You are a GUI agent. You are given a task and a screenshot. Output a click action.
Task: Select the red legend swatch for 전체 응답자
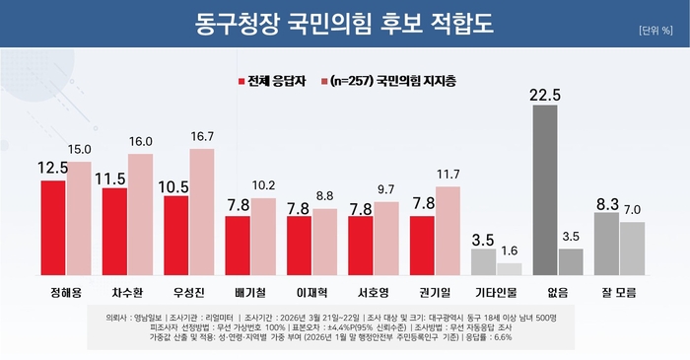coord(241,81)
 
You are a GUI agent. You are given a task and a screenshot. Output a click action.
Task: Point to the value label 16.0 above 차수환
coord(141,142)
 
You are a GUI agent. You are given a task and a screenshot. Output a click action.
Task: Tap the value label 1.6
coord(510,252)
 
